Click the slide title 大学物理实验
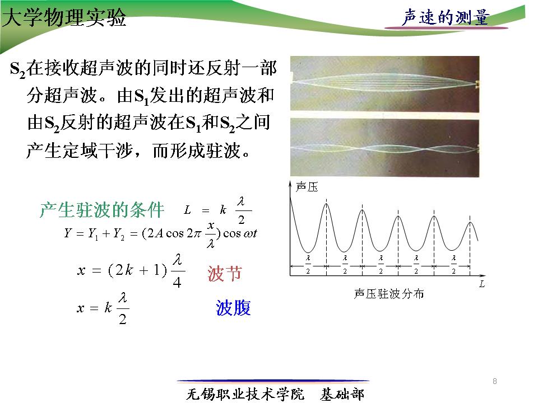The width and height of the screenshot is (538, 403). click(x=64, y=17)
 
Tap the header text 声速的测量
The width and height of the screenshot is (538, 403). click(x=446, y=17)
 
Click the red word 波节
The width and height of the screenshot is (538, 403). click(x=225, y=274)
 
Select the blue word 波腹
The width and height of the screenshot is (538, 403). click(x=233, y=307)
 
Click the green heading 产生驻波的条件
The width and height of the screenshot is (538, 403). click(x=102, y=210)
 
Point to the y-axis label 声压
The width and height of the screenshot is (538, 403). click(x=307, y=187)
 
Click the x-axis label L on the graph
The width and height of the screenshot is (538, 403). click(x=482, y=284)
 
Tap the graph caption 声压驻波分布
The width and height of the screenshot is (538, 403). click(x=389, y=294)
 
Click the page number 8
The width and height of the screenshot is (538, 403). click(x=494, y=381)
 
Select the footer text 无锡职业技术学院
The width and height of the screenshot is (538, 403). click(x=245, y=394)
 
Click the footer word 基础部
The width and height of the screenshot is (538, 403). click(x=342, y=394)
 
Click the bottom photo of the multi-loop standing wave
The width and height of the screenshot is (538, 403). click(x=384, y=148)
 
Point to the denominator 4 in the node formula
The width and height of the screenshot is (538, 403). click(x=177, y=282)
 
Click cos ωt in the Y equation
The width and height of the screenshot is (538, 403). click(x=240, y=234)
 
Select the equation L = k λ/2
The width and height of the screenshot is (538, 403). click(x=218, y=210)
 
